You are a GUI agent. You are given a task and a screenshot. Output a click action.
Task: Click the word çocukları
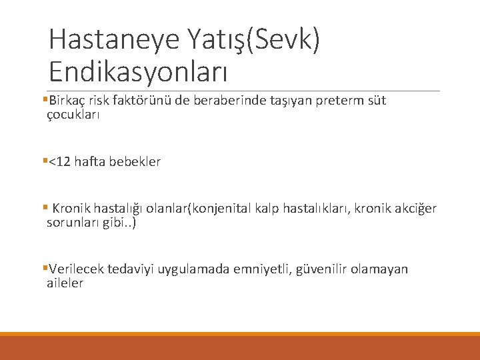pyautogui.click(x=73, y=114)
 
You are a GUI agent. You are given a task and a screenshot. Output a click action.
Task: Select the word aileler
pyautogui.click(x=65, y=283)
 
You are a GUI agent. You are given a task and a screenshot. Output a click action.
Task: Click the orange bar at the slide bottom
pyautogui.click(x=240, y=347)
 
